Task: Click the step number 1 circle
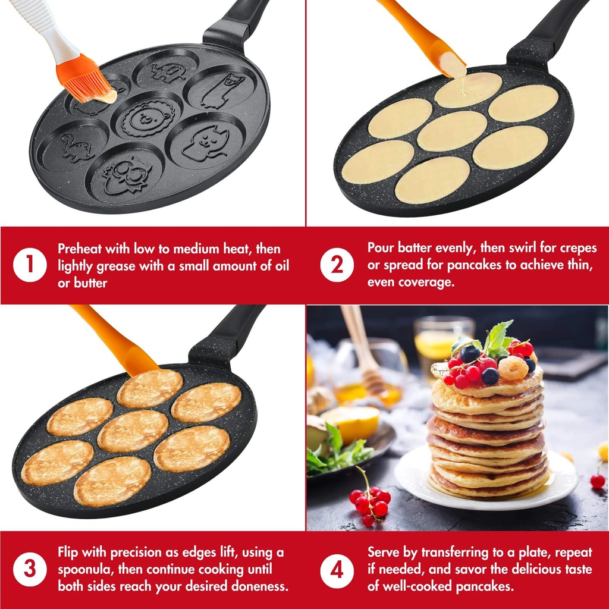click(x=30, y=265)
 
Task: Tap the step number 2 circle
click(x=337, y=265)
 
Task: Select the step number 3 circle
click(x=30, y=569)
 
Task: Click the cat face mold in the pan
click(x=205, y=143)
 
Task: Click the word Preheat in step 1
click(x=79, y=249)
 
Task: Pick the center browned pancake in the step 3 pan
click(x=133, y=431)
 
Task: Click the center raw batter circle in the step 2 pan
click(x=453, y=131)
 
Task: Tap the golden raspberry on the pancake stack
click(x=513, y=368)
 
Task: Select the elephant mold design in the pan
click(x=168, y=72)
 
